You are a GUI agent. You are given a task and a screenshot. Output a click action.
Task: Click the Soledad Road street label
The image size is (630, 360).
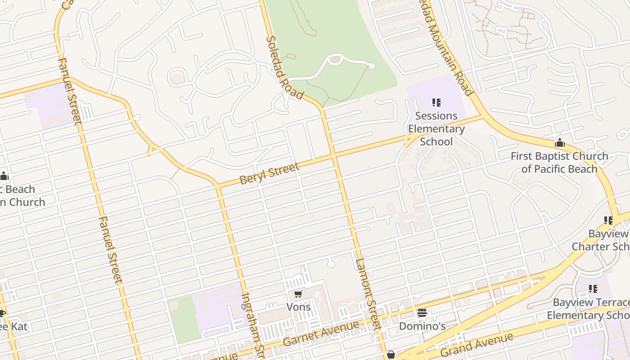pos(283,67)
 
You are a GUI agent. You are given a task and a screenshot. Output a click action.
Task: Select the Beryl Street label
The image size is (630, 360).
pos(269,174)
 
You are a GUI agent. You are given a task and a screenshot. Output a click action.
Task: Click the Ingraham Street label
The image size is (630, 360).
pos(252,324)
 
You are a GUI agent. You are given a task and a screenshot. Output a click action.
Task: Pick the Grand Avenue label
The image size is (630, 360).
pos(477,345)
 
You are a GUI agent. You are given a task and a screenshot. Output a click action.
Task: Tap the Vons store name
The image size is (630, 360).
pos(298,307)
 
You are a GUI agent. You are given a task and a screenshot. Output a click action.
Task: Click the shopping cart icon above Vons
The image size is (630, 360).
pos(298,294)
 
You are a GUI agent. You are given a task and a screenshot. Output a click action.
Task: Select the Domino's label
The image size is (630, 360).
pos(422,326)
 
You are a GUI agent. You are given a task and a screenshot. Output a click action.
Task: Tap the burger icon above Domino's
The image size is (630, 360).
pos(422,313)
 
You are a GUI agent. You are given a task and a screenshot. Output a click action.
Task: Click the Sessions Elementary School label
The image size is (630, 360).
pos(436,129)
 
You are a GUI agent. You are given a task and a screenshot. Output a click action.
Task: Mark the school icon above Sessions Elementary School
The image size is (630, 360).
pos(436,103)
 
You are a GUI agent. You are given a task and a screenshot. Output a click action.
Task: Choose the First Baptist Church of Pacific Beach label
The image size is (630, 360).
pos(559,162)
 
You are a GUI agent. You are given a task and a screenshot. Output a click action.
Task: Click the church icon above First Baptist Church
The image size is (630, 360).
pos(560,143)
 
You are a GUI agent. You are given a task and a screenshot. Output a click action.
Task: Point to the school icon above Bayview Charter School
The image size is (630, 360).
pos(608,220)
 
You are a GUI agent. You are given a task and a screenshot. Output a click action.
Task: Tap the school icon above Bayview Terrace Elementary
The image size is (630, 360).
pos(593,289)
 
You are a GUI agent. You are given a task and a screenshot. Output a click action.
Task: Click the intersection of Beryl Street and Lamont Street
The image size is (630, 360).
pos(334,156)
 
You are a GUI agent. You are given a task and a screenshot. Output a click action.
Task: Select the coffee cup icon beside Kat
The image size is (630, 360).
pos(2,313)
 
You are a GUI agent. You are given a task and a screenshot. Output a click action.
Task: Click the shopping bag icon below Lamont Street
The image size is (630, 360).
pos(391,355)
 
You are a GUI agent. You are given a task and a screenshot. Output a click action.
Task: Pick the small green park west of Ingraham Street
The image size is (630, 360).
pos(184,319)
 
